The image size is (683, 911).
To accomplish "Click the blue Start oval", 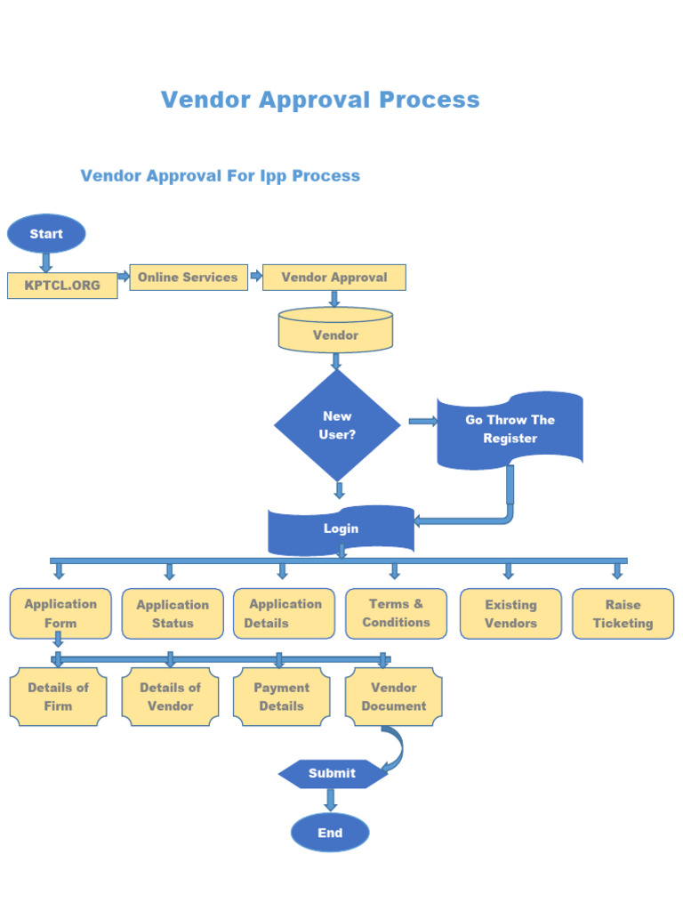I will click(x=46, y=234).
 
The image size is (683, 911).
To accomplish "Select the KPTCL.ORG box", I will click(x=62, y=286).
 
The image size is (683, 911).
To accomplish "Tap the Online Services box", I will click(x=188, y=277).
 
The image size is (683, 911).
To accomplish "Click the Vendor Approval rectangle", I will click(x=334, y=277).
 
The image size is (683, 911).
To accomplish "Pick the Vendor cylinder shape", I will click(x=335, y=331).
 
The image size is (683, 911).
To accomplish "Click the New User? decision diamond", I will click(x=337, y=425).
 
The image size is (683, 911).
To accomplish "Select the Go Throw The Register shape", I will click(x=510, y=430).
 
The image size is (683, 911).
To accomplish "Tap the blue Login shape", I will click(x=341, y=528).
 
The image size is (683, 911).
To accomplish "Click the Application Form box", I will click(x=60, y=613).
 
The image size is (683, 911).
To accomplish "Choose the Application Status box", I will click(x=173, y=613).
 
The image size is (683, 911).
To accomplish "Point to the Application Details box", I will click(x=285, y=613).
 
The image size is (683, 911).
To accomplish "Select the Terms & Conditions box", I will click(x=396, y=613).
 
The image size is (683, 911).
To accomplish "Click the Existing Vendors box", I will click(x=510, y=613).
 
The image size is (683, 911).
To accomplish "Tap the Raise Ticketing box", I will click(x=623, y=613).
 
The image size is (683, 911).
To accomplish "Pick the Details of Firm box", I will click(x=58, y=697).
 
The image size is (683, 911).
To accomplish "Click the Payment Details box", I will click(x=281, y=697).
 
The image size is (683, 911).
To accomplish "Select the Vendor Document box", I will click(x=393, y=697).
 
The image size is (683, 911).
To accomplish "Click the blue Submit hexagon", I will click(x=332, y=773).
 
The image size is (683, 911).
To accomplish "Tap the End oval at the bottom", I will click(x=330, y=833).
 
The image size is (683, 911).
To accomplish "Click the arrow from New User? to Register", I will click(x=422, y=422).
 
